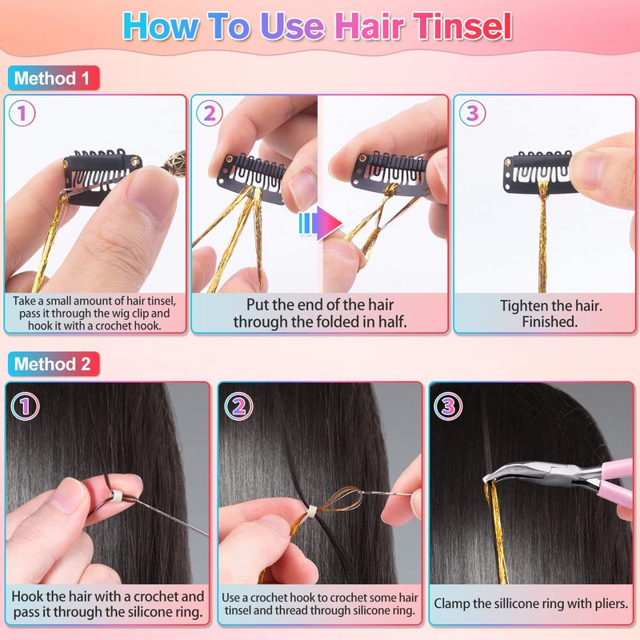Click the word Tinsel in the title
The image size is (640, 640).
click(462, 26)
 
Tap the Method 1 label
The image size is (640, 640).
click(54, 78)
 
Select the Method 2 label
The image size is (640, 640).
click(54, 364)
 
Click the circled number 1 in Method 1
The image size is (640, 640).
click(22, 113)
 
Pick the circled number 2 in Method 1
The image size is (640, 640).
click(210, 113)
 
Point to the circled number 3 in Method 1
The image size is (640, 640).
click(472, 113)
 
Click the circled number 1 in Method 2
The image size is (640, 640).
click(26, 406)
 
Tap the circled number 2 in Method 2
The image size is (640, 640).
click(238, 406)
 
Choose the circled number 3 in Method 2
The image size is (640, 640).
click(448, 406)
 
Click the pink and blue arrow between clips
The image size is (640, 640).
click(321, 223)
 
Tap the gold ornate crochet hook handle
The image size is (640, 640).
click(174, 161)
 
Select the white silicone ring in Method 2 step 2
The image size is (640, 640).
click(312, 510)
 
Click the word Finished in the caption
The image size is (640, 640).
click(550, 322)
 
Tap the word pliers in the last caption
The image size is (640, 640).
click(610, 604)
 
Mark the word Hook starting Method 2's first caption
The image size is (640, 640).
click(28, 596)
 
